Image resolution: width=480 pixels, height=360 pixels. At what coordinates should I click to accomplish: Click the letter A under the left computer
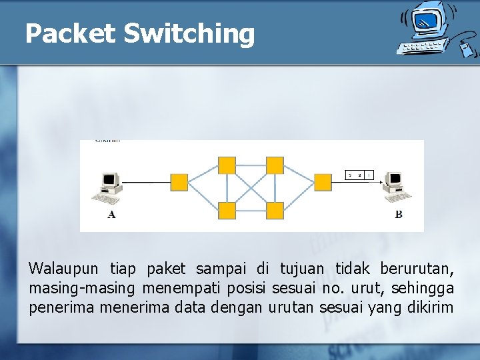click(x=111, y=214)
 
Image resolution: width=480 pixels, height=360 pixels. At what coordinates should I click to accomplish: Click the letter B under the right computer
click(x=398, y=214)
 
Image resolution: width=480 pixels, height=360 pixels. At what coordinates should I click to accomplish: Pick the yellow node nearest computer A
click(x=179, y=182)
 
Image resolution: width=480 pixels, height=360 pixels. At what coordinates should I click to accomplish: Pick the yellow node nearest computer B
click(x=323, y=182)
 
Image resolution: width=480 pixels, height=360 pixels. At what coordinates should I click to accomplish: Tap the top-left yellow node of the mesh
click(x=227, y=165)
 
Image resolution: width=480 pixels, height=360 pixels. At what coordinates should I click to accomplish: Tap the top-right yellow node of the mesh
click(x=275, y=165)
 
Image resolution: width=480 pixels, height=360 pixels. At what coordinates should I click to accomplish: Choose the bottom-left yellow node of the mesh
click(x=227, y=211)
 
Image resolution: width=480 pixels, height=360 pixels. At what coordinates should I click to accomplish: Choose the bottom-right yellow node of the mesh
click(x=275, y=211)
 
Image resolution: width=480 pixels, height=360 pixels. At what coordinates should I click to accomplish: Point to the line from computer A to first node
click(x=147, y=182)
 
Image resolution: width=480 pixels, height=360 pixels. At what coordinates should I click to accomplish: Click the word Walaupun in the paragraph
click(x=63, y=269)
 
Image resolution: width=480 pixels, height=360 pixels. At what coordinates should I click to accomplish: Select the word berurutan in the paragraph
click(x=417, y=269)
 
